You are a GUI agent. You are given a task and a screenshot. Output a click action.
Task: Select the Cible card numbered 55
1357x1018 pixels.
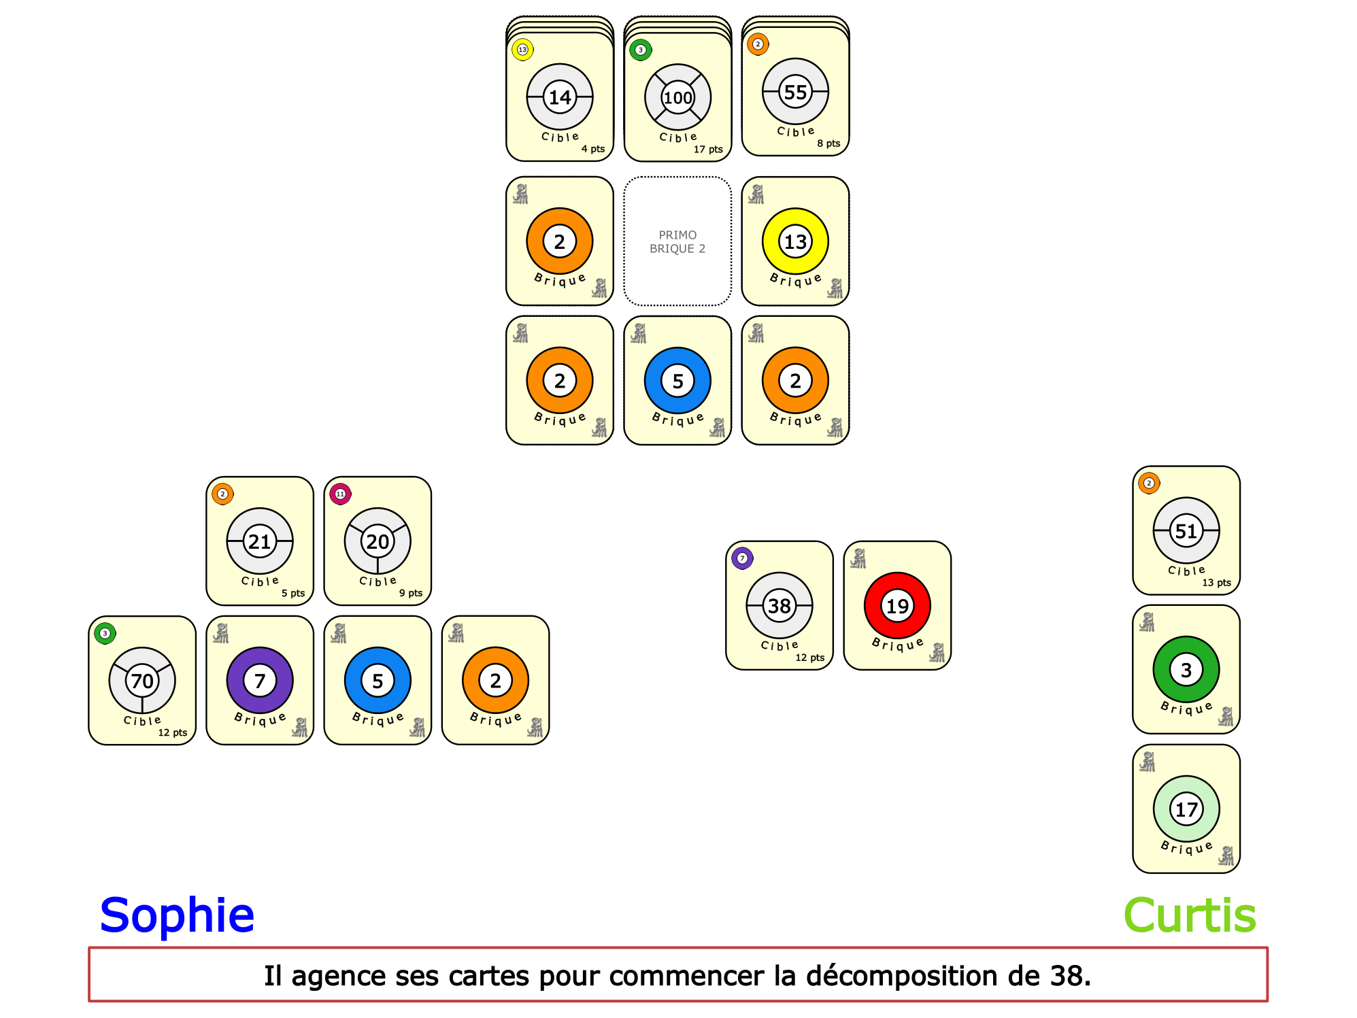click(x=795, y=91)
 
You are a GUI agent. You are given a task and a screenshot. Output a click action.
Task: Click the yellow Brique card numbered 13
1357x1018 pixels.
click(x=795, y=241)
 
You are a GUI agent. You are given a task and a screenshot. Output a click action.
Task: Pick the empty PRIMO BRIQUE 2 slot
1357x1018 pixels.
click(x=677, y=241)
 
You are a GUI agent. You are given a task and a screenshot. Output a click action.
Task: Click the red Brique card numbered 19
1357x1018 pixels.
click(x=897, y=605)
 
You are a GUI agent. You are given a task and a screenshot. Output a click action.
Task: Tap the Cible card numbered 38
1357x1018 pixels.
click(x=779, y=605)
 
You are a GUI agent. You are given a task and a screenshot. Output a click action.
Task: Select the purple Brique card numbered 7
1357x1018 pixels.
click(x=260, y=680)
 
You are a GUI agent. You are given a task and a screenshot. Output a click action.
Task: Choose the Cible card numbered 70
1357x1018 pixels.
click(x=142, y=680)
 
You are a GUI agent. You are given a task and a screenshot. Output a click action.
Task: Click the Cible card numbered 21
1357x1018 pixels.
click(x=260, y=541)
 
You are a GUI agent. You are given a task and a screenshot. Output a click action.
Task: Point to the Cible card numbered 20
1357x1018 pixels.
click(x=378, y=541)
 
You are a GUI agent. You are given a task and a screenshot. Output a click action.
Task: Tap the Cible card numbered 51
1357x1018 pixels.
click(x=1186, y=530)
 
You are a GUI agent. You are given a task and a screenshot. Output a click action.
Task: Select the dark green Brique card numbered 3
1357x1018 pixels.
click(x=1186, y=669)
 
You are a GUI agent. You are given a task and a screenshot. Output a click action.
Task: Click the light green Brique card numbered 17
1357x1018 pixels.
click(x=1186, y=809)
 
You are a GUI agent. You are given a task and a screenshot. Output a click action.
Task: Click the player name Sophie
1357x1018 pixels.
click(x=177, y=915)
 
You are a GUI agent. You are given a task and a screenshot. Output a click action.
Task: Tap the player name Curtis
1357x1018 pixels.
click(x=1190, y=915)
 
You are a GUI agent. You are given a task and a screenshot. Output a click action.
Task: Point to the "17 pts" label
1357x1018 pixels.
click(x=707, y=150)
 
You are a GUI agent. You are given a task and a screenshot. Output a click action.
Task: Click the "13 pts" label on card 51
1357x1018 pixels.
click(x=1216, y=583)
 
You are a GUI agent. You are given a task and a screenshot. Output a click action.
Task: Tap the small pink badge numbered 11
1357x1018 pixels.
click(x=340, y=494)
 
